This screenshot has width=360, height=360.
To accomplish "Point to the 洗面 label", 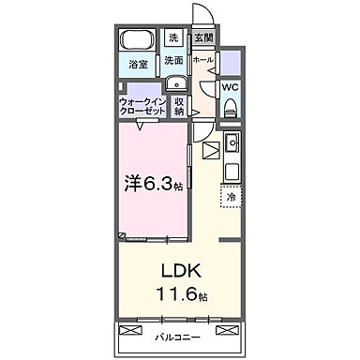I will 173,61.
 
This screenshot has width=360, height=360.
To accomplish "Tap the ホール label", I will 202,60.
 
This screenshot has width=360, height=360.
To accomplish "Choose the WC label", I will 232,90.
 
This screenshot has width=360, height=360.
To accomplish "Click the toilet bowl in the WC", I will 231,111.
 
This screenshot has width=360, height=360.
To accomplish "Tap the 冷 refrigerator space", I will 230,198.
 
